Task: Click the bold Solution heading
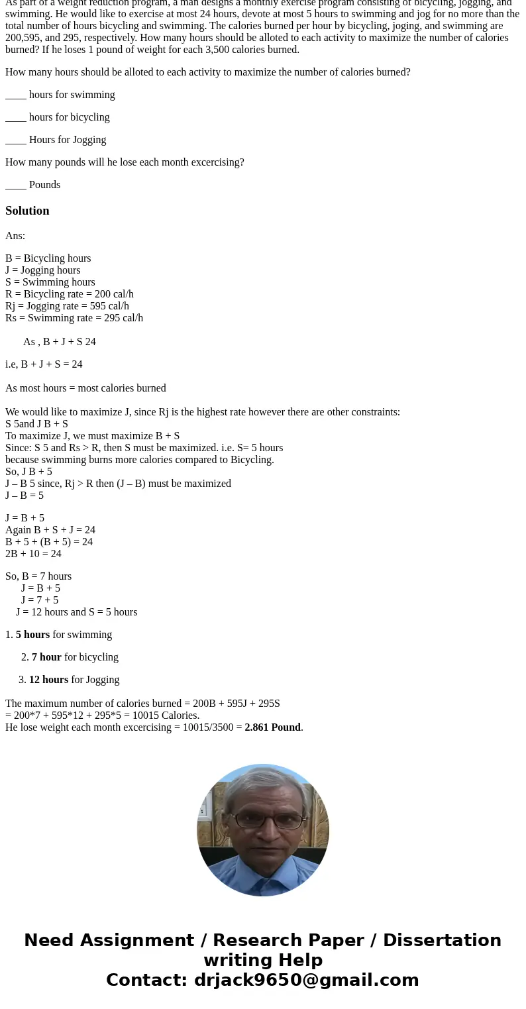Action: tap(27, 211)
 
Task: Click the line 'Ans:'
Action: tap(15, 236)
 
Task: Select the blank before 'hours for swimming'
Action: tap(16, 95)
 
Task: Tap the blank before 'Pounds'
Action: tap(16, 186)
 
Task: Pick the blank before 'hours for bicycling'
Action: tap(16, 118)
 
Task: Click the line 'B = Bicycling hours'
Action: tap(48, 258)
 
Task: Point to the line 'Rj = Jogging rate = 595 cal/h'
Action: tap(67, 306)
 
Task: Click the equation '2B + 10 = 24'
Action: tap(33, 554)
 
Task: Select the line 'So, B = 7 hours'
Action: tap(38, 576)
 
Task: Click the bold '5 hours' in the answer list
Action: tap(32, 635)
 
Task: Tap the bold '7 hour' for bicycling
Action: tap(46, 657)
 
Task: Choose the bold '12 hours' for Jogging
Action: tap(48, 680)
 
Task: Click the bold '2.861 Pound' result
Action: tap(272, 727)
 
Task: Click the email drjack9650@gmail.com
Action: tap(306, 981)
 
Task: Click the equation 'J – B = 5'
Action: tap(25, 496)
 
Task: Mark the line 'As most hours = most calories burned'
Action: tap(85, 388)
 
